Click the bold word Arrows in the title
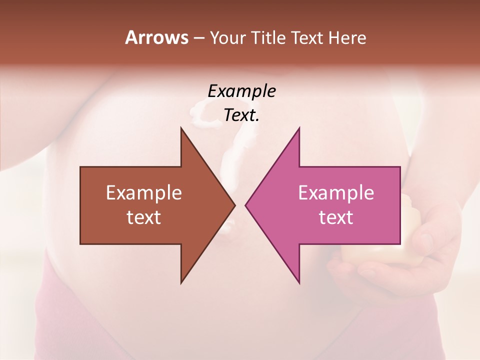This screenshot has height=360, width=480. pyautogui.click(x=156, y=37)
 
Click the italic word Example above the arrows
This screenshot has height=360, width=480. pyautogui.click(x=241, y=91)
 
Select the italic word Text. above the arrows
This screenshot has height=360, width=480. pyautogui.click(x=241, y=115)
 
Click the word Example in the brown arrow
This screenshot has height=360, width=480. pyautogui.click(x=144, y=193)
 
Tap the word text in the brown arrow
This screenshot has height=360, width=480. pyautogui.click(x=144, y=217)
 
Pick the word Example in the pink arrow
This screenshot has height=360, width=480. pyautogui.click(x=336, y=193)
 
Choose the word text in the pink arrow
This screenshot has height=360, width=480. pyautogui.click(x=336, y=217)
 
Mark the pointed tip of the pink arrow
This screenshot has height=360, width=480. pyautogui.click(x=246, y=205)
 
